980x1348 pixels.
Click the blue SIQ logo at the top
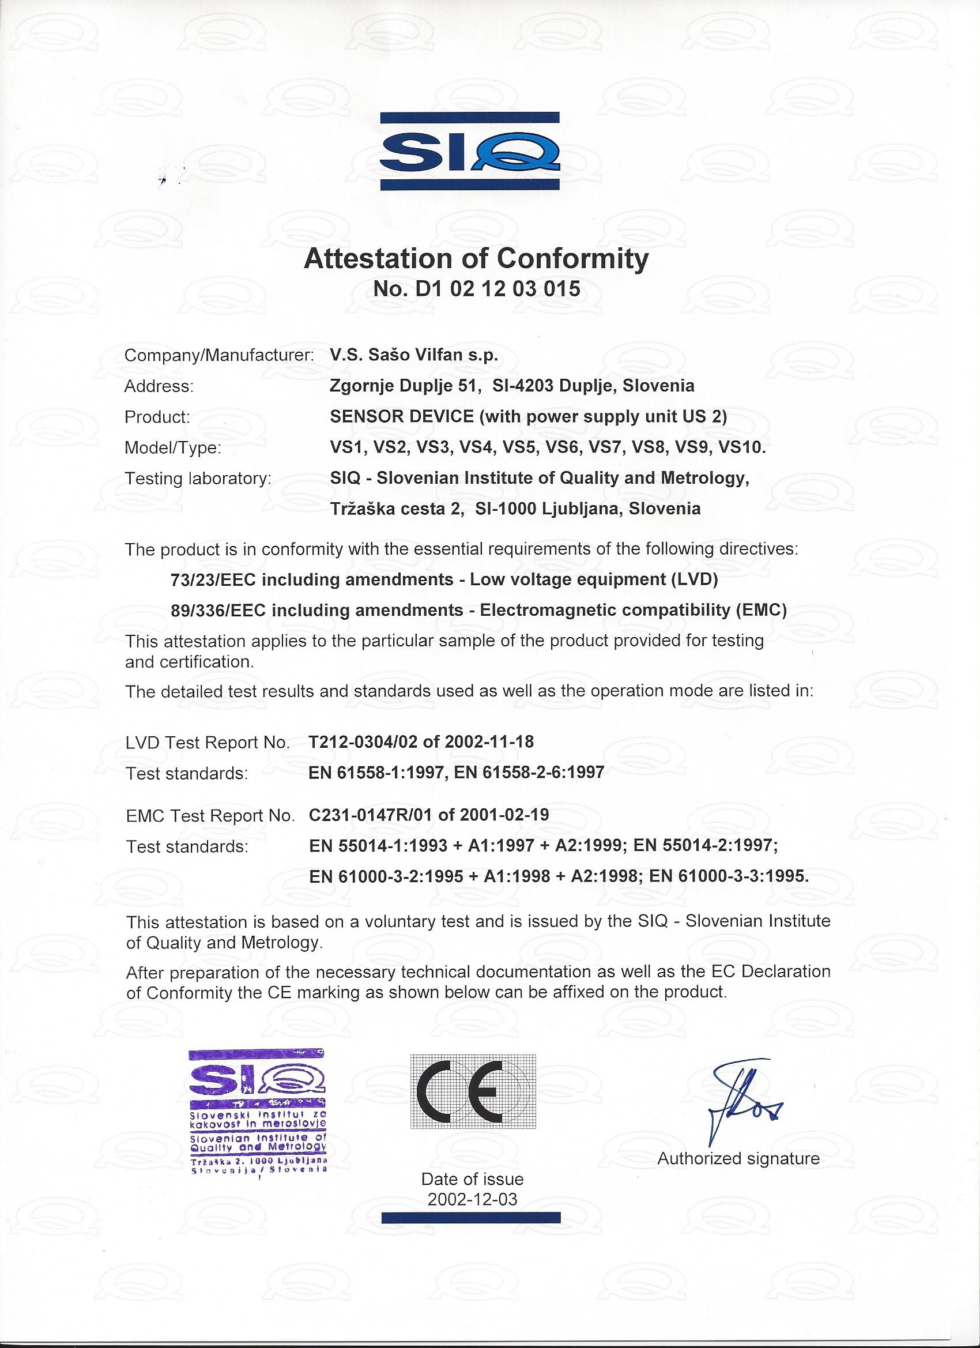(470, 151)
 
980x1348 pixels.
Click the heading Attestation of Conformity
(476, 259)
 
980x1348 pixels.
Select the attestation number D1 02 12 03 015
(498, 289)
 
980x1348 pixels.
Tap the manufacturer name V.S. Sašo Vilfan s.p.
(414, 355)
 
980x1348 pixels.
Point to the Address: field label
(159, 386)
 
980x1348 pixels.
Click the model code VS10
(742, 447)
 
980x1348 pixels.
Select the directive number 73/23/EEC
(213, 579)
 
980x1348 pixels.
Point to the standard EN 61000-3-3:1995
(729, 875)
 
